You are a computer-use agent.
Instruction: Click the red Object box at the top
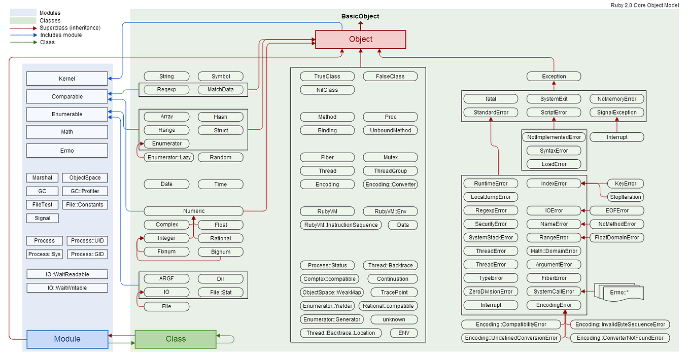(x=360, y=40)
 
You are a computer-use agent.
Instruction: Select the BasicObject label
(x=360, y=16)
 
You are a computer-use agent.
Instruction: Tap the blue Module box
(x=67, y=339)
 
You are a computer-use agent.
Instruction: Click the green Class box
(x=176, y=339)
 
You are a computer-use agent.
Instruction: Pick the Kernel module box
(x=67, y=79)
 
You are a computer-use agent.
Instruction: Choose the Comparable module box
(x=67, y=96)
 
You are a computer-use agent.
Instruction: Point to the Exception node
(x=554, y=77)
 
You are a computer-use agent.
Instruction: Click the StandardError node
(x=491, y=112)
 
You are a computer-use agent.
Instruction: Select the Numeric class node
(x=194, y=211)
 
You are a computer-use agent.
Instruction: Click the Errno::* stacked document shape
(x=619, y=292)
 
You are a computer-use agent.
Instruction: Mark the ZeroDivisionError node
(x=491, y=292)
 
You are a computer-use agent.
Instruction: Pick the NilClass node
(x=327, y=90)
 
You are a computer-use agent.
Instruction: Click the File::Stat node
(x=220, y=293)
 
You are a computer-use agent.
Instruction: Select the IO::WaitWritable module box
(x=67, y=288)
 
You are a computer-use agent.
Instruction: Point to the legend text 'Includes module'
(x=61, y=35)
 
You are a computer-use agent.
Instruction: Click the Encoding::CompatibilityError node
(x=511, y=325)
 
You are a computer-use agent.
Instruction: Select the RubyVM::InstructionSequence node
(x=340, y=225)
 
